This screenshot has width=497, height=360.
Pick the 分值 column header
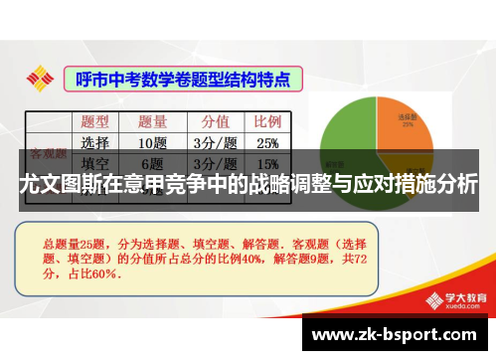click(x=216, y=122)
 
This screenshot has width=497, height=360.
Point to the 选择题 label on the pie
click(x=408, y=117)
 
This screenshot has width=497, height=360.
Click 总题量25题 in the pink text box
click(x=75, y=242)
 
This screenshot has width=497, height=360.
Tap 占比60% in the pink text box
click(x=94, y=272)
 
